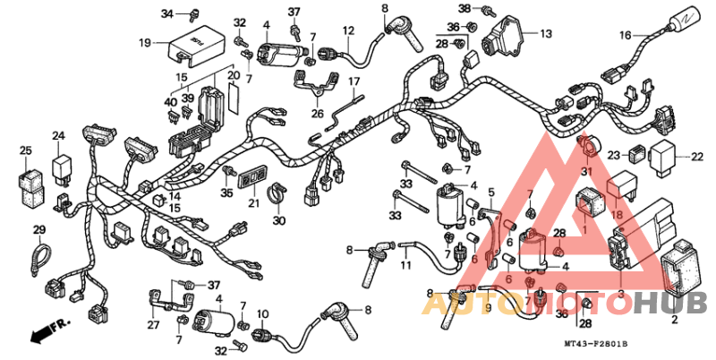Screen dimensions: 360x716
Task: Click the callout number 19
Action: (145, 42)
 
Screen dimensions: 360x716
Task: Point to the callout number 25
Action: (26, 150)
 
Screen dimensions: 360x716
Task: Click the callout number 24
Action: (58, 136)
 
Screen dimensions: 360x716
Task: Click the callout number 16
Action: (626, 36)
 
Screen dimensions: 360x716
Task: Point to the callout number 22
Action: (697, 157)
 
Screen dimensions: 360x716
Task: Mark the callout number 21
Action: (253, 204)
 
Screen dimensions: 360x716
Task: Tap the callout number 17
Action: (354, 81)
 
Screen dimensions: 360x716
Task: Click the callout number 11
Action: (405, 266)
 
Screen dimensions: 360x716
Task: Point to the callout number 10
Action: (263, 314)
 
